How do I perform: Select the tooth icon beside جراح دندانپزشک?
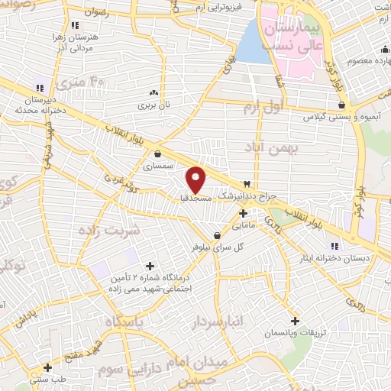247,185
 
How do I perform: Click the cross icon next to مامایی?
242,213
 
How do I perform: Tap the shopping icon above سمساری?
157,153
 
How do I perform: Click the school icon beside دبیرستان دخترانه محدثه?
39,89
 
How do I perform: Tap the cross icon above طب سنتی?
47,367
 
